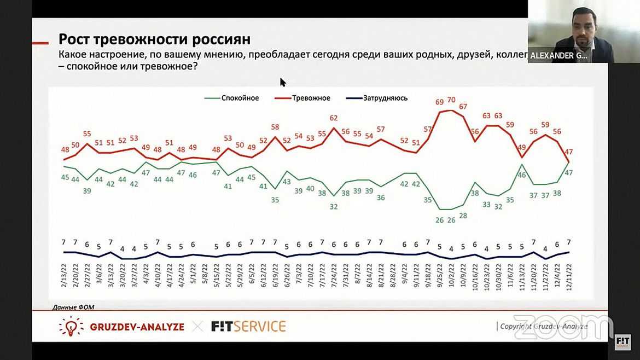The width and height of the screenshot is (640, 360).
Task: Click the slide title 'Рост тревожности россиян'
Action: [x=154, y=39]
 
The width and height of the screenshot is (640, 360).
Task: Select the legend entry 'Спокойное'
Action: [x=240, y=98]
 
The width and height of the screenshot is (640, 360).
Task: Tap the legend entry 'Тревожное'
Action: [x=311, y=98]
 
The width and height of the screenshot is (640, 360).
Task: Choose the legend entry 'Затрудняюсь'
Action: [x=385, y=98]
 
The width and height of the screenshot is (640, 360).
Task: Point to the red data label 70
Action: [x=451, y=100]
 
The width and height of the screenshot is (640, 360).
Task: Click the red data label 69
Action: [x=439, y=102]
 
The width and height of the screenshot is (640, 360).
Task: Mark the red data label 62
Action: [x=334, y=118]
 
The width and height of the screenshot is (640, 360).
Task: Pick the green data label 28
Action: [x=463, y=216]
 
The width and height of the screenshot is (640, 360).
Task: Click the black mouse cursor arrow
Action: [x=283, y=82]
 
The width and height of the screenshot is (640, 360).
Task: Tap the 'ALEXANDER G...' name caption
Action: [x=560, y=55]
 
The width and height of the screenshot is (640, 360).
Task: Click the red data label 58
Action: [x=275, y=127]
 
